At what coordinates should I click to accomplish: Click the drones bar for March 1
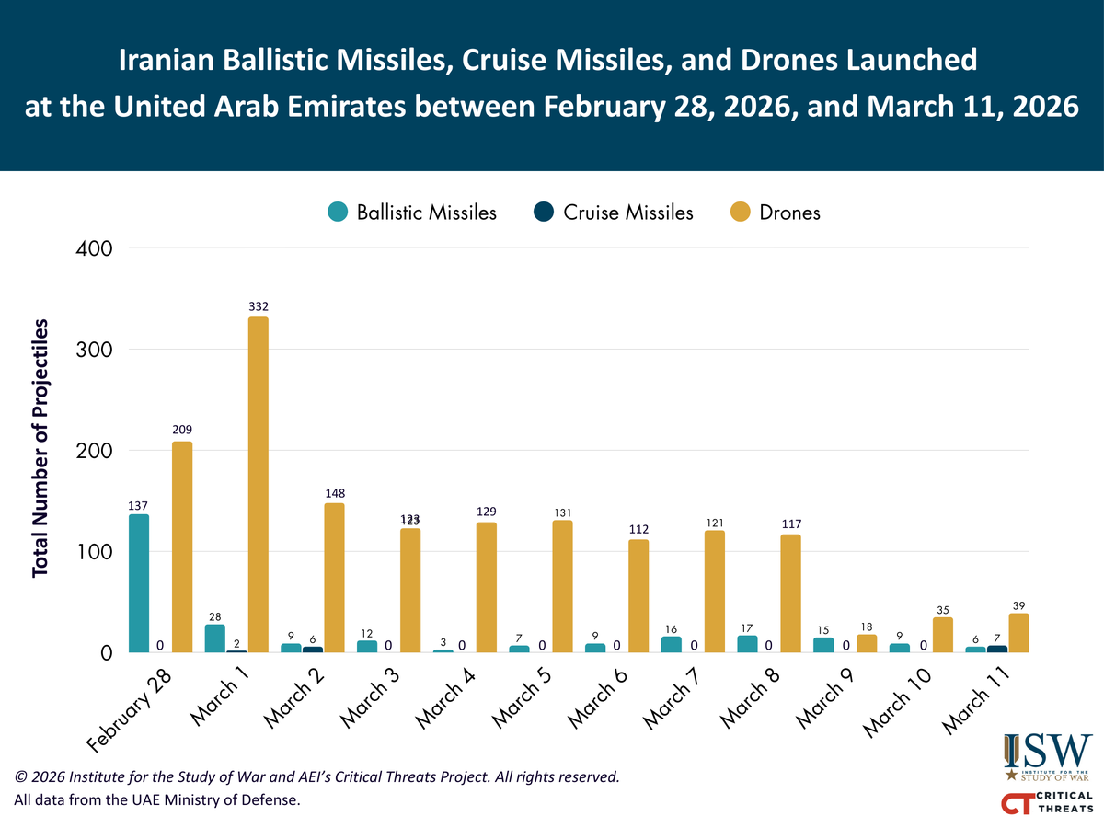[258, 485]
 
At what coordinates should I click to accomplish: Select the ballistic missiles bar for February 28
[139, 583]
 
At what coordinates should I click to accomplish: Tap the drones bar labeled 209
[182, 547]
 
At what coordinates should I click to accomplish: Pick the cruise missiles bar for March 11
[997, 649]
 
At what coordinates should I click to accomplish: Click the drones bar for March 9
[867, 644]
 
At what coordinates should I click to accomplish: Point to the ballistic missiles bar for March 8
[747, 644]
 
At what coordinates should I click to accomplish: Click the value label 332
[258, 306]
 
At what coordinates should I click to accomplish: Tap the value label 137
[138, 505]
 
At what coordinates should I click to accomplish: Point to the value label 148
[334, 493]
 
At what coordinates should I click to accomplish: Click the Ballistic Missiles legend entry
[412, 213]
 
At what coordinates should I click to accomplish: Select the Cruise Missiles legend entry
[614, 213]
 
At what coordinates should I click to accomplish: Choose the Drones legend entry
[775, 213]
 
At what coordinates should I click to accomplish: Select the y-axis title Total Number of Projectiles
[40, 449]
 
